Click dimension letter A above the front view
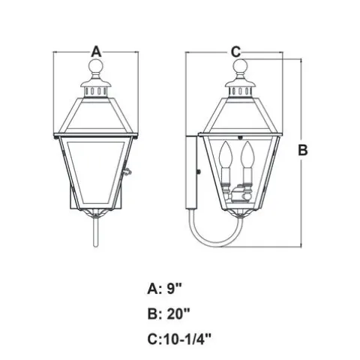[x=96, y=52]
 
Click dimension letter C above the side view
[x=235, y=52]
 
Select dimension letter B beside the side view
[x=303, y=150]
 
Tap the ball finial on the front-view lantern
[x=96, y=65]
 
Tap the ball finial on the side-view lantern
[x=240, y=66]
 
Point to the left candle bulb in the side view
[x=226, y=154]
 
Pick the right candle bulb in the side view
[x=247, y=154]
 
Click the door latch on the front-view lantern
[x=127, y=172]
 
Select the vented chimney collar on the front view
[x=96, y=91]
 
